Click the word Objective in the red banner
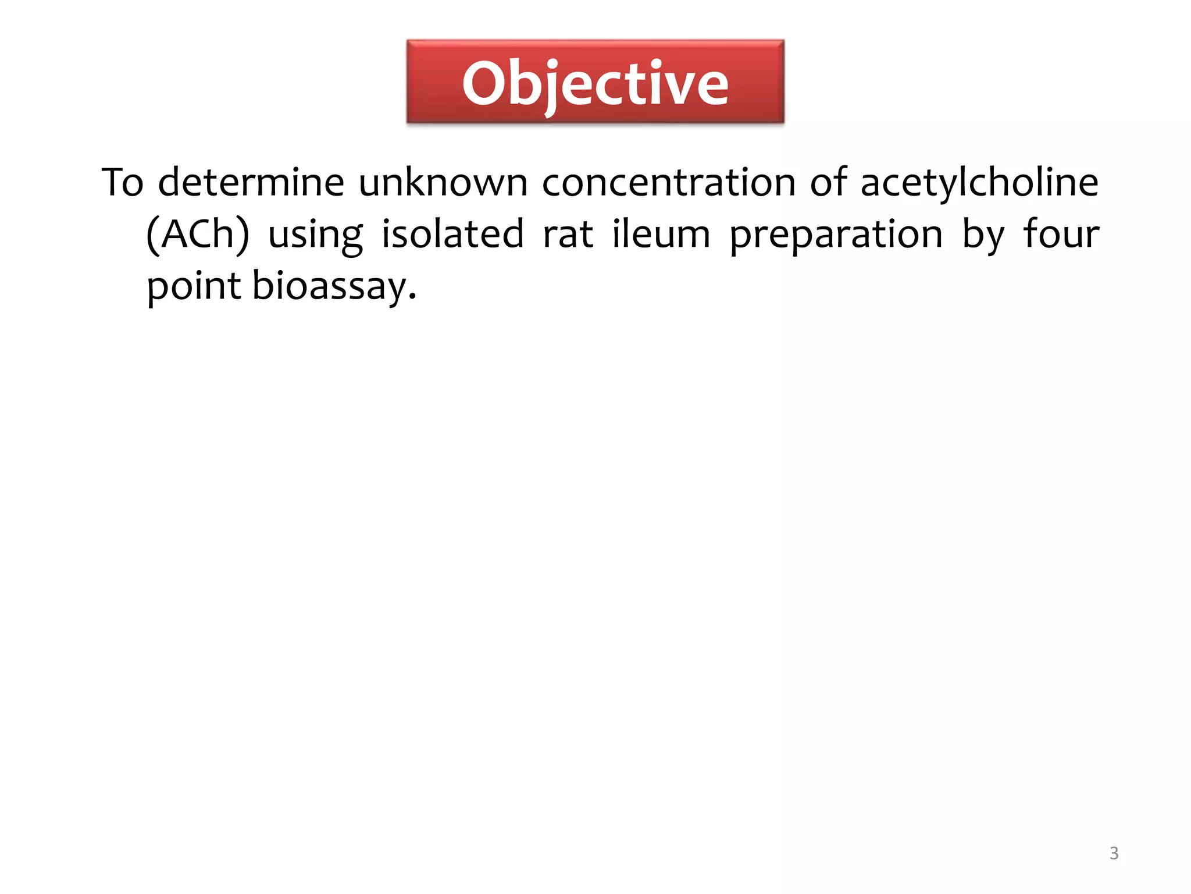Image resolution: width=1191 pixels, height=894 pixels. click(595, 84)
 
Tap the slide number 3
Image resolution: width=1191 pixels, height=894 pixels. click(1114, 853)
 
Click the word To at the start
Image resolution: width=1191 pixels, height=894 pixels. click(123, 182)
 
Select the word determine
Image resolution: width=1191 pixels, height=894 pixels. click(251, 182)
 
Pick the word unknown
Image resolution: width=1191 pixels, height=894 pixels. click(443, 182)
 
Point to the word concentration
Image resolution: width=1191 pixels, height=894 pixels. click(669, 182)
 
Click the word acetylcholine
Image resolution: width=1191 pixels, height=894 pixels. click(979, 182)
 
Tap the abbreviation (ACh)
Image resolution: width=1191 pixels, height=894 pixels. click(198, 234)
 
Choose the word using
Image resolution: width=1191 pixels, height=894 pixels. click(315, 235)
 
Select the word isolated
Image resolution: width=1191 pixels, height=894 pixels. click(452, 234)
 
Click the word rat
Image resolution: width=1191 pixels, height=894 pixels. click(568, 234)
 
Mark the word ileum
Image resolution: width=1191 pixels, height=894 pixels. click(661, 234)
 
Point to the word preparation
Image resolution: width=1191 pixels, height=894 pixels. click(836, 235)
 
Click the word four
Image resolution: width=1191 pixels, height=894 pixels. click(1061, 234)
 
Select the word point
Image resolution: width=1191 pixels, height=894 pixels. click(194, 286)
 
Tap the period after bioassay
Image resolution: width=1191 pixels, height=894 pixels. click(412, 297)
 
